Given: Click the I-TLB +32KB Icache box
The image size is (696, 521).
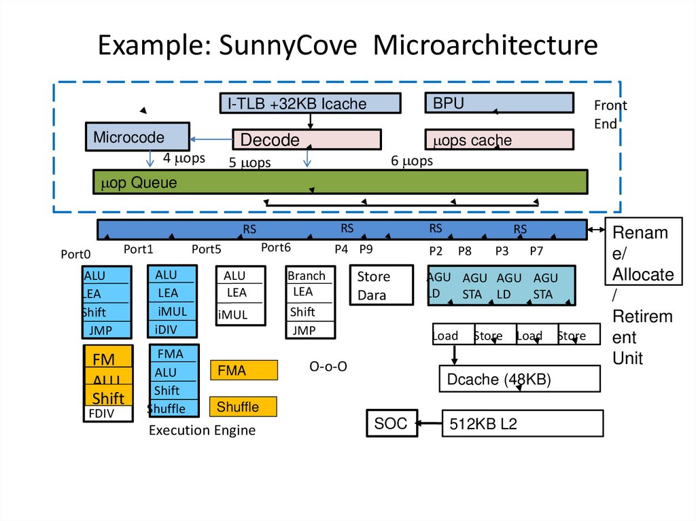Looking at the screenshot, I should (310, 103).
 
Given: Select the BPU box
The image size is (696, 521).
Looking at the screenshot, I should (499, 103).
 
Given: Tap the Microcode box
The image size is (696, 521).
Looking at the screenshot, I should (137, 137).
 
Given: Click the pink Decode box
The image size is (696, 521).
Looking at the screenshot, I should (307, 140).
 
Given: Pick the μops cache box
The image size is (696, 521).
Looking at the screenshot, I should (499, 140).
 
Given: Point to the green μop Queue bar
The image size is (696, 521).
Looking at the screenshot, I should (340, 182).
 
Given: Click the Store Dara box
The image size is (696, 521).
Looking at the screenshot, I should (381, 285).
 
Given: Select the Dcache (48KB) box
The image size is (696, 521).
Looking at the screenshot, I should (519, 379).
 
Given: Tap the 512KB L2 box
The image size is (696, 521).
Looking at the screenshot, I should (523, 424).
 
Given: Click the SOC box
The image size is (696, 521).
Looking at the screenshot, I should (391, 423).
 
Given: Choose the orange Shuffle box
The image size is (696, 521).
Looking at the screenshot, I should (243, 406).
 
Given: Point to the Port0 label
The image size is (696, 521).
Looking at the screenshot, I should (75, 255).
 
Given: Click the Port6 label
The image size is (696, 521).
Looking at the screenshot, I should (276, 248).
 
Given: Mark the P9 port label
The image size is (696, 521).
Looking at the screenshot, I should (366, 249).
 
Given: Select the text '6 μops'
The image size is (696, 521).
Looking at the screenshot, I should (412, 161).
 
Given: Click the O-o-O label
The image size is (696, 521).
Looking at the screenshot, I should (328, 367).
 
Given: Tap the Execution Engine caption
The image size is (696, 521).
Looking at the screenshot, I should (202, 430).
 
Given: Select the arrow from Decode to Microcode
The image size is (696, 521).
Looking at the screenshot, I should (211, 140).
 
